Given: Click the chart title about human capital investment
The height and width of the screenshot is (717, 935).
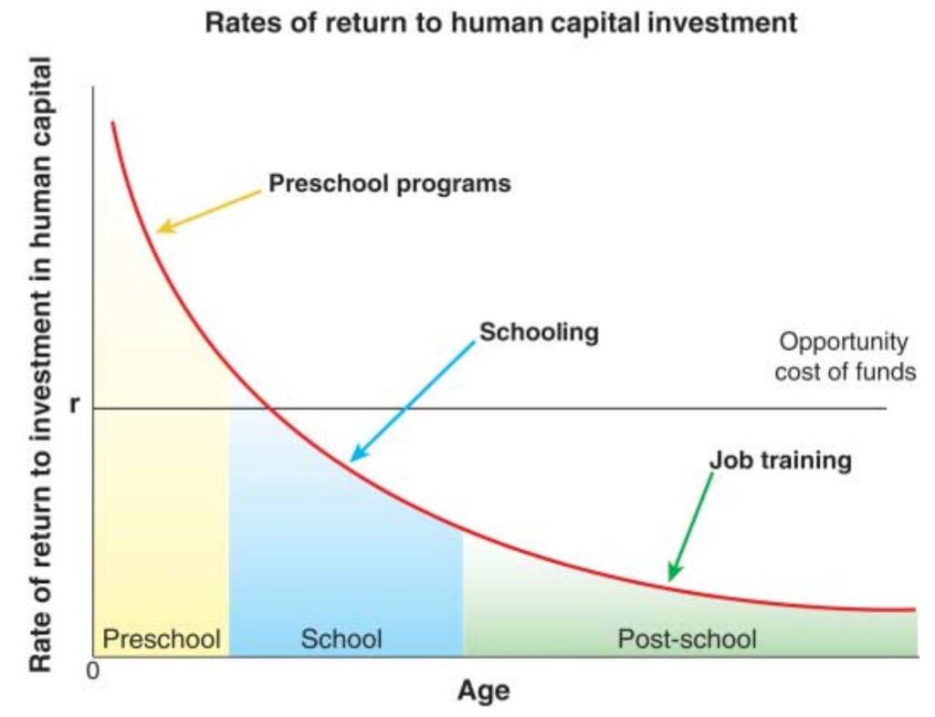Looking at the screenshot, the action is tap(501, 24).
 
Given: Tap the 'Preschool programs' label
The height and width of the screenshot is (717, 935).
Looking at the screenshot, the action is tap(389, 183).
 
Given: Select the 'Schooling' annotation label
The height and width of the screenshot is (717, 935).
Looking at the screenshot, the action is tap(539, 332).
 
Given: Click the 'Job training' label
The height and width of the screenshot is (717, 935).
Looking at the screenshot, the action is tap(781, 461).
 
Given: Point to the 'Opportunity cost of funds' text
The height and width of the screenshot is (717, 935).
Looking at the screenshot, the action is tap(845, 357).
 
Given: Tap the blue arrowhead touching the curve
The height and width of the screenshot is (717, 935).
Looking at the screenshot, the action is tap(358, 453).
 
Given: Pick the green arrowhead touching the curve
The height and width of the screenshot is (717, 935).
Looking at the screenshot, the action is tap(673, 572).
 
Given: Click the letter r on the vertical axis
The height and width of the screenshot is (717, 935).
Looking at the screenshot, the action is tap(74, 404).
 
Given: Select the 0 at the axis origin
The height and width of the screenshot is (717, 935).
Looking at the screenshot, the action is tap(93, 671).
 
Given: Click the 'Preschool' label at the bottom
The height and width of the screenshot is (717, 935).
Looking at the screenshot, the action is tap(162, 639).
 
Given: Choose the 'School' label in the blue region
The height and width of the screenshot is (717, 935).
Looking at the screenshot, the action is tap(341, 639).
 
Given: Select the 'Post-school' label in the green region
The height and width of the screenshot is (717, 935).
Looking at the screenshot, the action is tap(687, 639).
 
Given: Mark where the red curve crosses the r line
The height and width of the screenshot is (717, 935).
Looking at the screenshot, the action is tap(269, 409).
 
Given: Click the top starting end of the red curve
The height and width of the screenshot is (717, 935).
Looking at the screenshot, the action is tap(112, 122).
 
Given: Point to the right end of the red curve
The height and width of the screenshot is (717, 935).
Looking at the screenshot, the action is tap(914, 609).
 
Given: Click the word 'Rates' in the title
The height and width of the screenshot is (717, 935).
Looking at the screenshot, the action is tap(241, 23).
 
